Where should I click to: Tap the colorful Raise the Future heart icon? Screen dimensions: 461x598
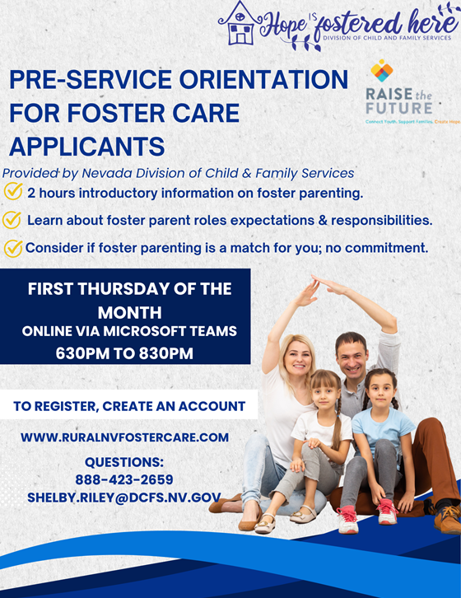click(382, 71)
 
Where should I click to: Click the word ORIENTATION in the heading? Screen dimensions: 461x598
click(263, 79)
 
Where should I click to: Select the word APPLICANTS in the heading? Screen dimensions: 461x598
click(87, 147)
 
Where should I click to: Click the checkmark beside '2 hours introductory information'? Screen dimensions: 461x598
click(13, 191)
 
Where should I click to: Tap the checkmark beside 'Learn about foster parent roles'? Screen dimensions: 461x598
click(12, 220)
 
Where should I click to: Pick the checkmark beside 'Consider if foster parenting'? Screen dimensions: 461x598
click(13, 249)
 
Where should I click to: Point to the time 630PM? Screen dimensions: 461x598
click(82, 353)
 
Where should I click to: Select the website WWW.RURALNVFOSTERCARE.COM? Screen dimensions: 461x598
click(124, 437)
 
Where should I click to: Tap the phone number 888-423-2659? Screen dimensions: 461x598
click(124, 479)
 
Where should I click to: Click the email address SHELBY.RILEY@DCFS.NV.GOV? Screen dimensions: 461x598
click(124, 498)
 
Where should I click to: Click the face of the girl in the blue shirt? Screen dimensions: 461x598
click(381, 391)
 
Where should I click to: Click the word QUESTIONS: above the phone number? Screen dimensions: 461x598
click(124, 462)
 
